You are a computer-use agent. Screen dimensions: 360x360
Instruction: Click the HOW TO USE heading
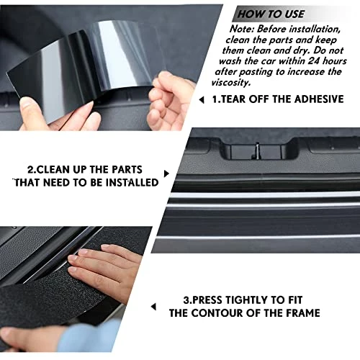pyautogui.click(x=271, y=14)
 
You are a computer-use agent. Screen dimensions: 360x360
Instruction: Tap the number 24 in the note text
pyautogui.click(x=314, y=61)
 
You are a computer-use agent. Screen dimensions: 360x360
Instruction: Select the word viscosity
pyautogui.click(x=231, y=83)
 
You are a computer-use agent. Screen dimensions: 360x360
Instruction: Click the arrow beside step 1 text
pyautogui.click(x=202, y=100)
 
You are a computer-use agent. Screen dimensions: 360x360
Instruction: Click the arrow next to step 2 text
pyautogui.click(x=166, y=174)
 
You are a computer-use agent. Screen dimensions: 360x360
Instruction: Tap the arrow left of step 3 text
pyautogui.click(x=153, y=307)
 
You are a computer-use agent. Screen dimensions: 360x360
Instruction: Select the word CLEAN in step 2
pyautogui.click(x=53, y=170)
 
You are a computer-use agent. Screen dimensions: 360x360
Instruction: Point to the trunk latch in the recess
pyautogui.click(x=257, y=150)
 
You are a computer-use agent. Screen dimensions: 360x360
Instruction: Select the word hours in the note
pyautogui.click(x=335, y=61)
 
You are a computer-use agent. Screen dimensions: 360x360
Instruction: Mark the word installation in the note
pyautogui.click(x=315, y=30)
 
